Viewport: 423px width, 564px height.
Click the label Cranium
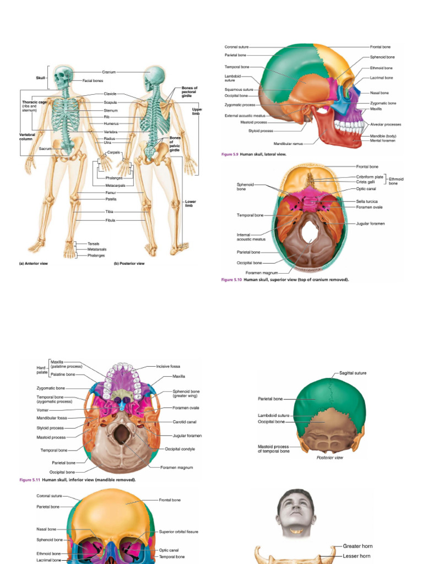(x=109, y=72)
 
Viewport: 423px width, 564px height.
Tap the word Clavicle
(x=110, y=94)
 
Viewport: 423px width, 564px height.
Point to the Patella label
(x=110, y=199)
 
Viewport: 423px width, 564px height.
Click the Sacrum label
(x=45, y=149)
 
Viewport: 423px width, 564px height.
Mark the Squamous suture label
(x=238, y=89)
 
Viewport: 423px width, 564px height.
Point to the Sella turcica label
(x=369, y=202)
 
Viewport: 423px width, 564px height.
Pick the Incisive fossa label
(x=168, y=366)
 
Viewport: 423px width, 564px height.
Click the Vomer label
(x=43, y=409)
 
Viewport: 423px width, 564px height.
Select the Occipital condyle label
(x=180, y=449)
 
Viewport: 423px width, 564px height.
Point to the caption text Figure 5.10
(x=231, y=280)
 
